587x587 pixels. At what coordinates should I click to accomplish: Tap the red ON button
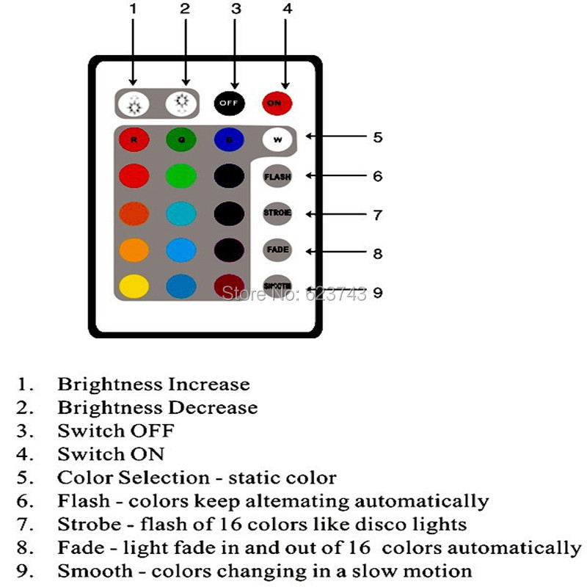pos(276,103)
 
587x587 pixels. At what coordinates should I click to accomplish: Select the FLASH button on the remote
pos(277,176)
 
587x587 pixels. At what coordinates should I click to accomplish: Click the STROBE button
pos(277,213)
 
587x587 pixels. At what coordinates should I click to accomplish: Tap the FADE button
pos(277,249)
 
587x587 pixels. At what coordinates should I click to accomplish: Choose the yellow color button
pos(134,285)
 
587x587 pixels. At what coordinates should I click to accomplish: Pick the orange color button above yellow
pos(134,249)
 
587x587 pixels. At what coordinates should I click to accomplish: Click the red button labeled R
pos(134,138)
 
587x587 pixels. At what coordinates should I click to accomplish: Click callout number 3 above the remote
pos(236,10)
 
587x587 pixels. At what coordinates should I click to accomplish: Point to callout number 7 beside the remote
pos(377,215)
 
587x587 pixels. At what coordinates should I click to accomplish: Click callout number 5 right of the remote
pos(377,137)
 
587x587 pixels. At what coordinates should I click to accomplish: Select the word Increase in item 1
pos(208,384)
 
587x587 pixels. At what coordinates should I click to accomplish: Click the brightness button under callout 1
pos(134,103)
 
